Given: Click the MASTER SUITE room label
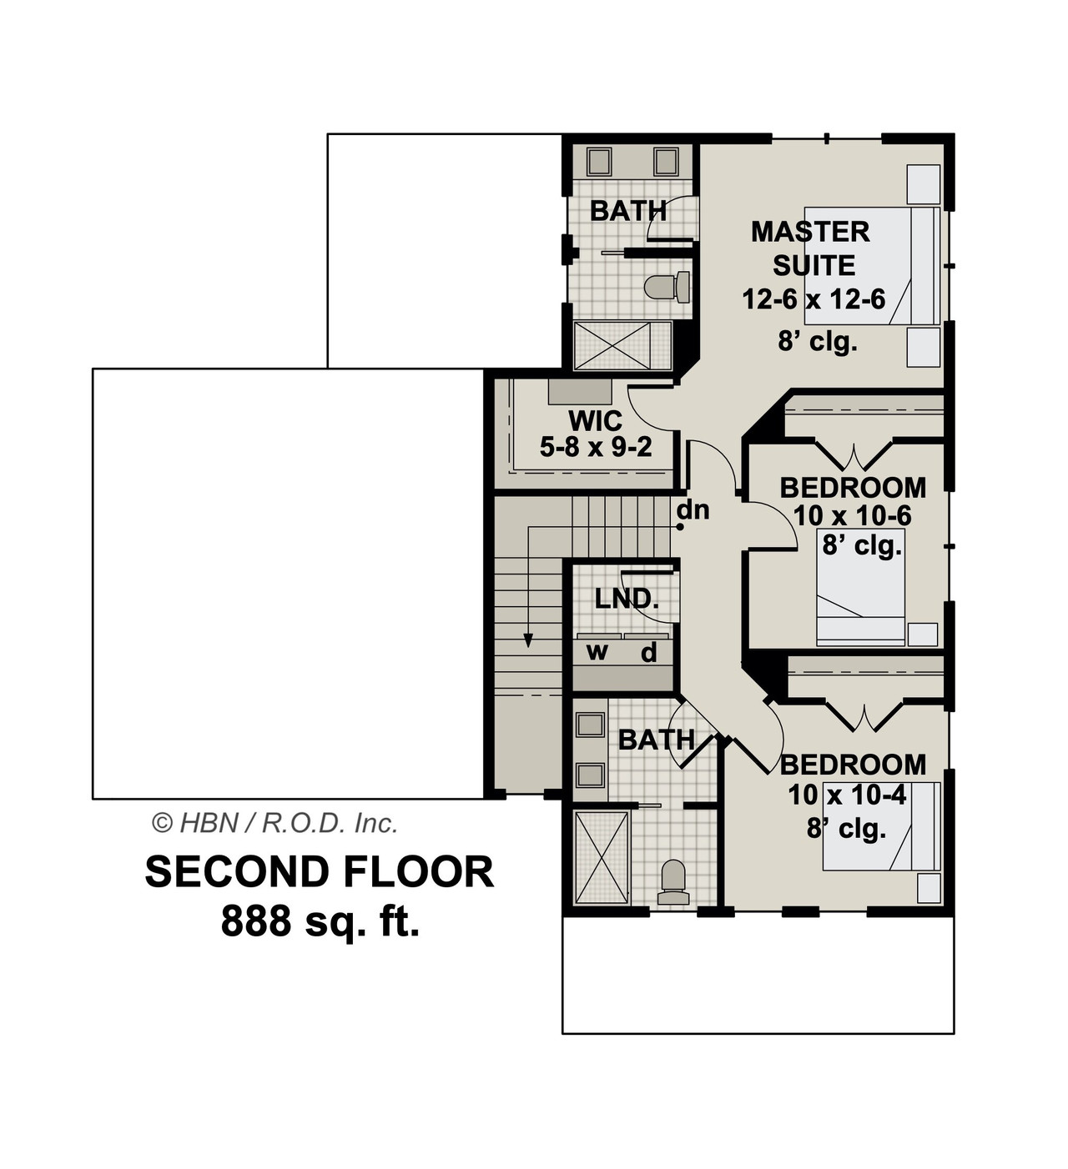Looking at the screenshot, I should coord(811,248).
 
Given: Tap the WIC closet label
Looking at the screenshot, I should coord(595,421).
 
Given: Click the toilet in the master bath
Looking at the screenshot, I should coord(667,288).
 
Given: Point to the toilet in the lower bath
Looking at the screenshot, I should coord(673,882).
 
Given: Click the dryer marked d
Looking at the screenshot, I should coord(648,653).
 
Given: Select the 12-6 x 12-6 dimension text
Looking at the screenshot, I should coord(814,299).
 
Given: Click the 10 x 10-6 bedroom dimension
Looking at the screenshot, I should coord(853,515).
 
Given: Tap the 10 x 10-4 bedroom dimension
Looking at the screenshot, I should coord(848,795).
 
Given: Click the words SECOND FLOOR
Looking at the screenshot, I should coord(320,872).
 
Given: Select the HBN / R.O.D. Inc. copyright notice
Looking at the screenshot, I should coord(275,824).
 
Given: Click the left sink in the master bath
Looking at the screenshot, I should coord(599,161).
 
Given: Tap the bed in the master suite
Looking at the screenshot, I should coord(872,265).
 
